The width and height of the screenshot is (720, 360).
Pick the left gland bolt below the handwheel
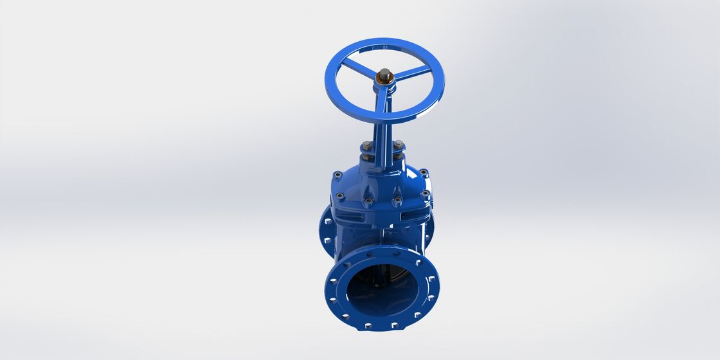coord(365,146)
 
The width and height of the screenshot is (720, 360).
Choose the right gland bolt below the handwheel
coord(399,145)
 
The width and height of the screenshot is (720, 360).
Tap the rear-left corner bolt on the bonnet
coord(337,174)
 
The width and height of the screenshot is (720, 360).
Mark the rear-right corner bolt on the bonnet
coord(424,173)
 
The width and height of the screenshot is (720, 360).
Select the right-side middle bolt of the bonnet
coord(425,194)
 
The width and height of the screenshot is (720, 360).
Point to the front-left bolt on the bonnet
coord(368,201)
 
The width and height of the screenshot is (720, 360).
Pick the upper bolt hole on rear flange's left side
coord(326,222)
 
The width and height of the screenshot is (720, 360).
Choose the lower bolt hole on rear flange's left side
coord(327,240)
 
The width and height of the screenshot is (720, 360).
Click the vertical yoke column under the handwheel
coord(382,138)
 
